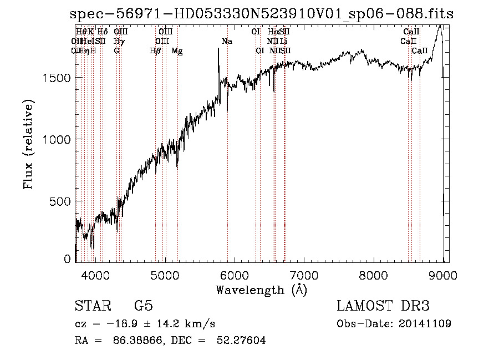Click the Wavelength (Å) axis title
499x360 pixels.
point(261,290)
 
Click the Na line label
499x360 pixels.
point(227,42)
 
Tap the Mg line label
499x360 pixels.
point(176,50)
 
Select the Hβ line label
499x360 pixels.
point(155,50)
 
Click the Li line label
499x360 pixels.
point(283,42)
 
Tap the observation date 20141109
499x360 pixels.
point(427,323)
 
